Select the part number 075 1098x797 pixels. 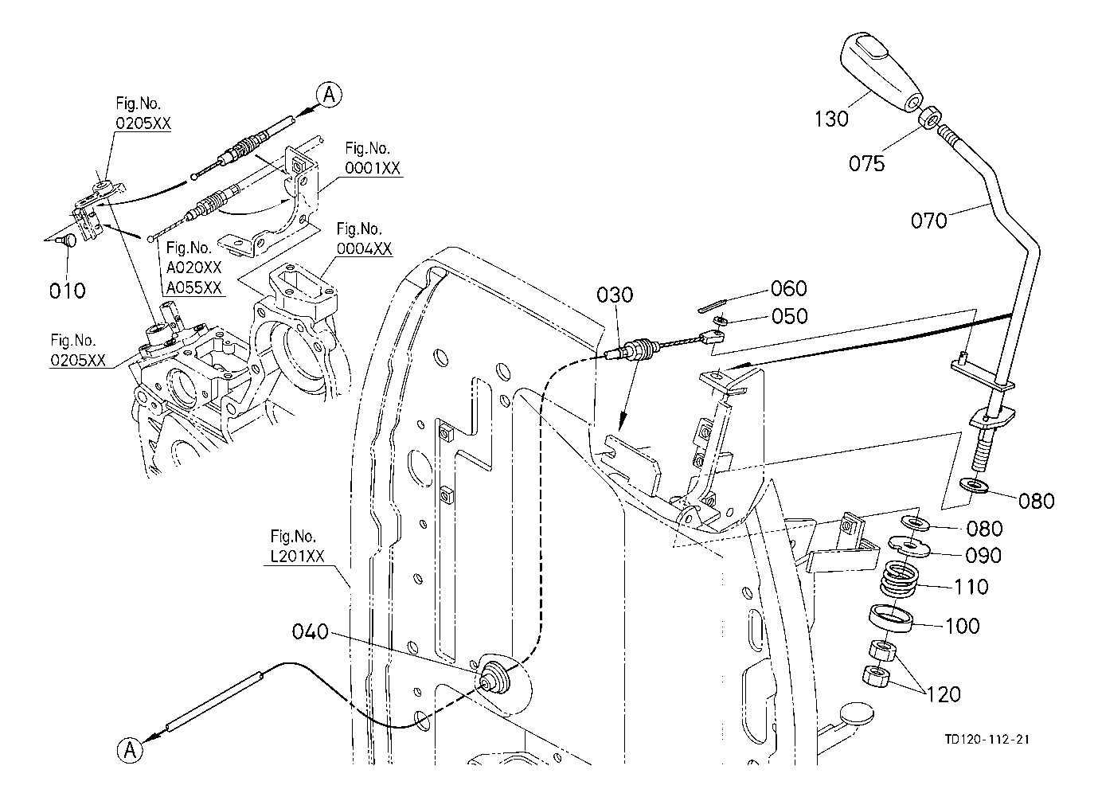pos(866,163)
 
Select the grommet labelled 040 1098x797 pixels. pos(495,675)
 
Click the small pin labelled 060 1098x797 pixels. pos(717,300)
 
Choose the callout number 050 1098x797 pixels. pos(789,316)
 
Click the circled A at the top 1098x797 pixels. pos(329,94)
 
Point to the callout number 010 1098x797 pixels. pos(67,291)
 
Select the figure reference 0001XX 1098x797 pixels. pos(373,168)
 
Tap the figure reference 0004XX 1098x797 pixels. pos(364,248)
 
